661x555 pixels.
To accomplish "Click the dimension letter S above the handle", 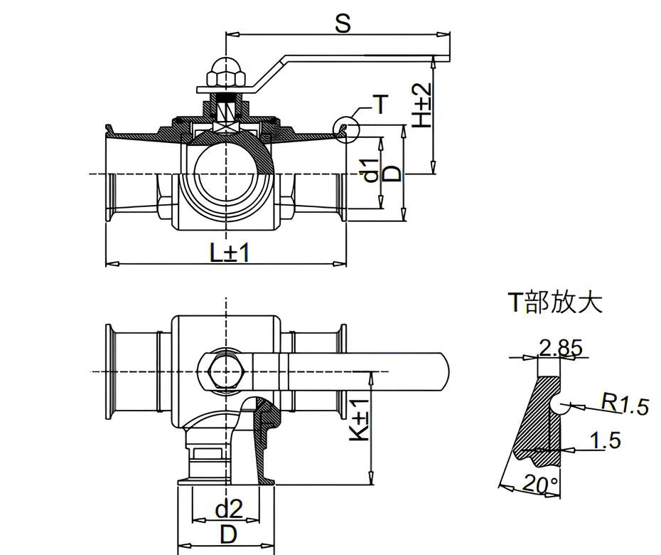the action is pyautogui.click(x=343, y=23).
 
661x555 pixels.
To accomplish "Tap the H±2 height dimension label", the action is pyautogui.click(x=422, y=105).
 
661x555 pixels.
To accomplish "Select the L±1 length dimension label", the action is pyautogui.click(x=230, y=253).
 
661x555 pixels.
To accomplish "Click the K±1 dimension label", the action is pyautogui.click(x=360, y=421).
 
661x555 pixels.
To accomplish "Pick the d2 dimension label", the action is pyautogui.click(x=229, y=509).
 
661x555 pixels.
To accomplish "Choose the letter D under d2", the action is pyautogui.click(x=229, y=535).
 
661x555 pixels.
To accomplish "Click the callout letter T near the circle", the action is pyautogui.click(x=381, y=105).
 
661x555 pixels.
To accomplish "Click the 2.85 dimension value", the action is pyautogui.click(x=561, y=348).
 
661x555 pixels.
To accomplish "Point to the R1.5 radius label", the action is pyautogui.click(x=624, y=404).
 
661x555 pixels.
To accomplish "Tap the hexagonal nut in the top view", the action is pyautogui.click(x=227, y=372).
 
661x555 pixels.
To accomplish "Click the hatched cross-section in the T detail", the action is pyautogui.click(x=539, y=422).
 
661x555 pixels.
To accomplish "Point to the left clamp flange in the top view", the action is pyautogui.click(x=110, y=372).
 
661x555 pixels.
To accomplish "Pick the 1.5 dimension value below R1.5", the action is pyautogui.click(x=606, y=440).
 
